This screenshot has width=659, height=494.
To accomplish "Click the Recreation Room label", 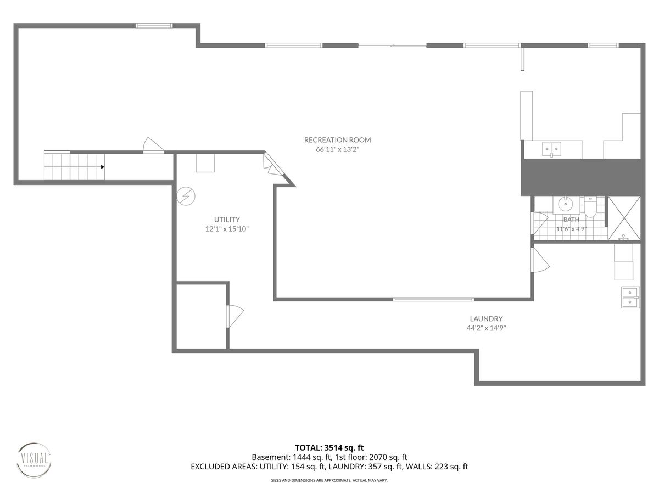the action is coord(337,140).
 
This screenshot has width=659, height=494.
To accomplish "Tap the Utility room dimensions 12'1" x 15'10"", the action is coord(227,229).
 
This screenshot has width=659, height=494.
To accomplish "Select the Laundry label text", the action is coord(486,318).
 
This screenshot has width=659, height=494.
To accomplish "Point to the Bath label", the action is coord(571,220).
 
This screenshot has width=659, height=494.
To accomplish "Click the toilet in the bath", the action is coord(590,207).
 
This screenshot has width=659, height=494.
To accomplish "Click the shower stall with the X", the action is coord(624,218).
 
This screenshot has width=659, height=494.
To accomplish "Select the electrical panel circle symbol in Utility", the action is coord(186,197).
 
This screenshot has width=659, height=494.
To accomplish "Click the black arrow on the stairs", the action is coord(103,167).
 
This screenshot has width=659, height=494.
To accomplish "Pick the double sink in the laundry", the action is coord(630,297).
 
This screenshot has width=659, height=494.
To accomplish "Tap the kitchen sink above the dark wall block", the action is coord(552,149).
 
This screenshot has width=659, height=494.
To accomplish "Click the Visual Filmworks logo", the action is coord(33,461).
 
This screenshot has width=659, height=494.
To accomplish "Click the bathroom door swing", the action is coord(539,223).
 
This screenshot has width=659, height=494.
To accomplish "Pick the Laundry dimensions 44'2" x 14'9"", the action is coord(486,328).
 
